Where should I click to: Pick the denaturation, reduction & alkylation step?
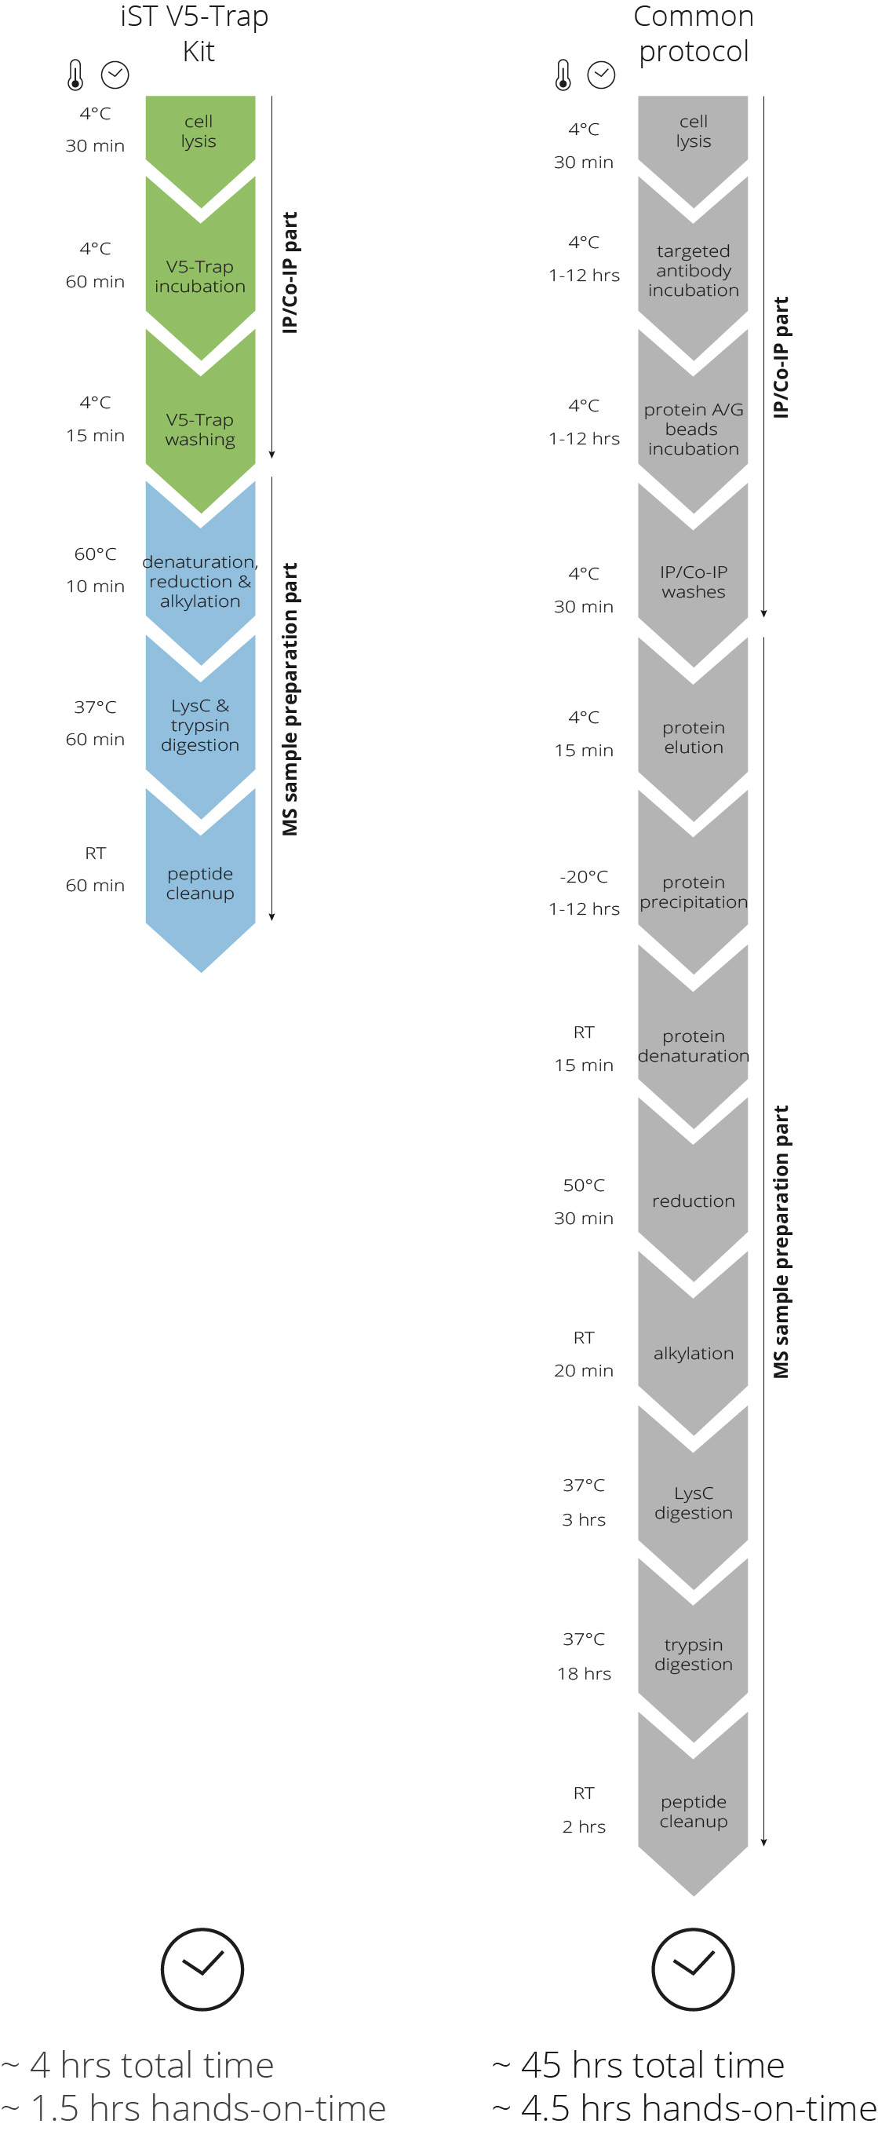pyautogui.click(x=200, y=582)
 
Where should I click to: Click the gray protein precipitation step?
pyautogui.click(x=693, y=892)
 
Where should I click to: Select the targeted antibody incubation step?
pyautogui.click(x=693, y=271)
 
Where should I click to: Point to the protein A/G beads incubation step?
pyautogui.click(x=693, y=429)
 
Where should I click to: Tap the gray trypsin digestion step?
pyautogui.click(x=693, y=1654)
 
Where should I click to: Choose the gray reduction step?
pyautogui.click(x=693, y=1201)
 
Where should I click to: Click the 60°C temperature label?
pyautogui.click(x=95, y=554)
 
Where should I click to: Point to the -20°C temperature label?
pyautogui.click(x=584, y=876)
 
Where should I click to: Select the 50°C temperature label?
pyautogui.click(x=584, y=1186)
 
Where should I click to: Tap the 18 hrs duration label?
pyautogui.click(x=584, y=1673)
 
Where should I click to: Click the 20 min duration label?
pyautogui.click(x=584, y=1371)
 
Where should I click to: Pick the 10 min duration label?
pyautogui.click(x=95, y=586)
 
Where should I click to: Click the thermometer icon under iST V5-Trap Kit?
pyautogui.click(x=75, y=75)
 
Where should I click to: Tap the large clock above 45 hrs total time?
pyautogui.click(x=693, y=1969)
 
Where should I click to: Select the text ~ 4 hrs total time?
pyautogui.click(x=137, y=2065)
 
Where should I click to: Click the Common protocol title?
pyautogui.click(x=693, y=33)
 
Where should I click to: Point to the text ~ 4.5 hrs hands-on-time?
pyautogui.click(x=684, y=2107)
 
